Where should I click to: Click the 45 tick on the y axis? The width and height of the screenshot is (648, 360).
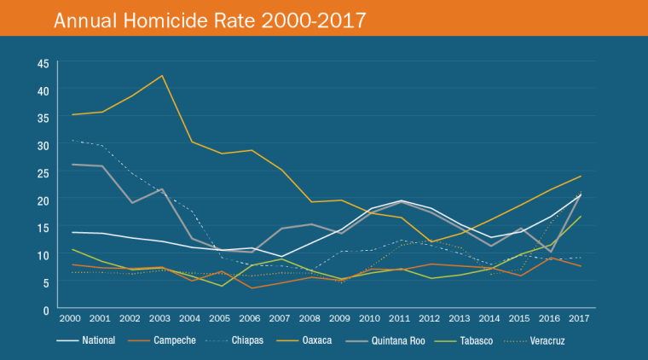point(42,62)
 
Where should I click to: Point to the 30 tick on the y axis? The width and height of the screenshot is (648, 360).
point(42,145)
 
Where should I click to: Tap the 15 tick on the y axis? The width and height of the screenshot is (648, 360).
point(42,228)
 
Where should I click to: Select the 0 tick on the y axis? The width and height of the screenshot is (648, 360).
point(45,311)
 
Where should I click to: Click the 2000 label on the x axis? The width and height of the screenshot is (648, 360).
point(71,318)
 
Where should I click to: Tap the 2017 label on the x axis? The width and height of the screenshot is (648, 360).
point(580,318)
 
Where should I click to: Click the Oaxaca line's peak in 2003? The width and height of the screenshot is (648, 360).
point(161,76)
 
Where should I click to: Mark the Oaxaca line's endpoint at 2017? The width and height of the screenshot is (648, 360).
point(580,177)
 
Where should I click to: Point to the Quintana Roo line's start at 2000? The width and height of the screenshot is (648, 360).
point(72,164)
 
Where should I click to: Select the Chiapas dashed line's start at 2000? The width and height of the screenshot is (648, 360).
point(72,141)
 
